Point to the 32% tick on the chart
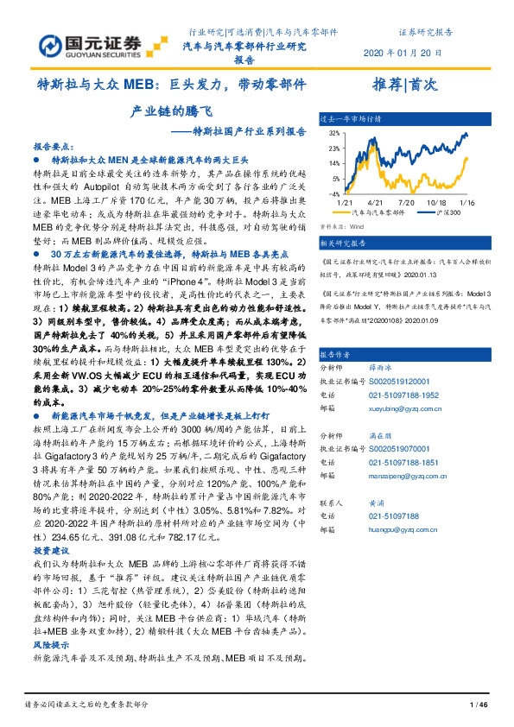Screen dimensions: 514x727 [333, 135]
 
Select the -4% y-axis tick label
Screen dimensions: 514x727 [333, 194]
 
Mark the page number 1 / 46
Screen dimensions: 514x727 [478, 706]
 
